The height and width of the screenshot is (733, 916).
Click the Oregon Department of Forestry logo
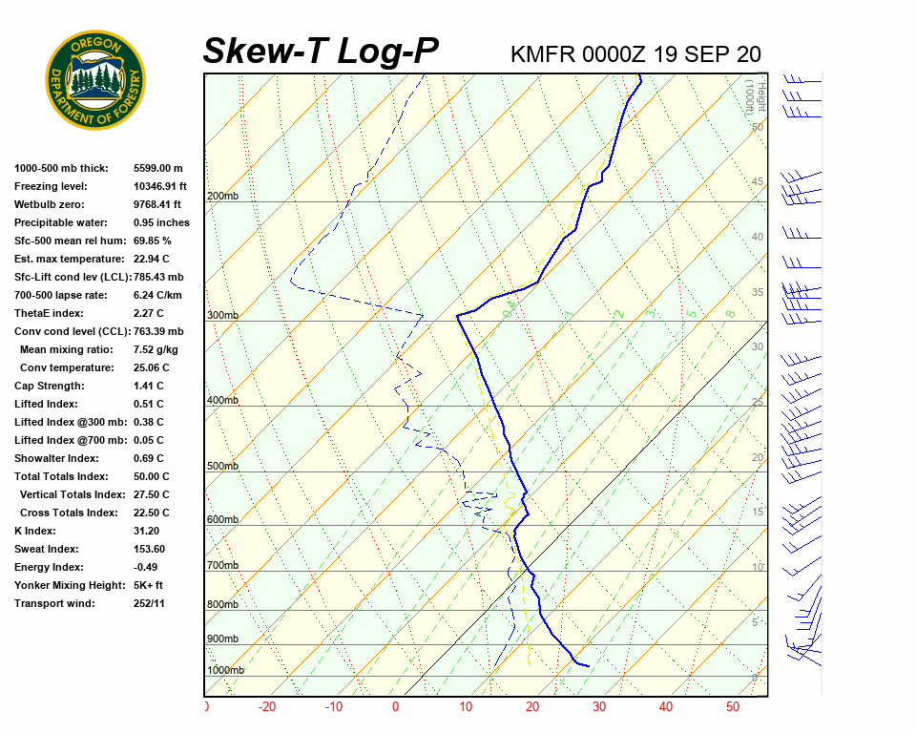point(95,80)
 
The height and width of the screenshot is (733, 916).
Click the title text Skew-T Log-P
point(321,52)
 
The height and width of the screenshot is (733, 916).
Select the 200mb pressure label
point(221,197)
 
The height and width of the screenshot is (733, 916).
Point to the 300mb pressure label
point(222,316)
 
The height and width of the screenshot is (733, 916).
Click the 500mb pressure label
point(222,467)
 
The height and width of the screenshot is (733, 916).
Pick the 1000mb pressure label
point(225,671)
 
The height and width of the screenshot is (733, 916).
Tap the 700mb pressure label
point(222,567)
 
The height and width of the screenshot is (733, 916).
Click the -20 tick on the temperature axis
point(267,707)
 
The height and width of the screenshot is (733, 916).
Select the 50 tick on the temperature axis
point(733,707)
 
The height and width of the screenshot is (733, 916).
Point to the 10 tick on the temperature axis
point(466,707)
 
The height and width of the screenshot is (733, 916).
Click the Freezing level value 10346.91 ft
point(160,186)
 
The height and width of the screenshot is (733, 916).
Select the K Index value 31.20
point(147,531)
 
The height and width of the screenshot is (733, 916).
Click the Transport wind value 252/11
point(149,603)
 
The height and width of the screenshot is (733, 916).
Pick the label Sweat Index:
point(47,549)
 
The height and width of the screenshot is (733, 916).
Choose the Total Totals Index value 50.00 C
point(152,476)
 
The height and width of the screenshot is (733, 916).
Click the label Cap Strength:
point(49,386)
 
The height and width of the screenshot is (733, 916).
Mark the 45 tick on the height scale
point(758,182)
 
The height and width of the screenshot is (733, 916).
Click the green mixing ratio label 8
point(730,313)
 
